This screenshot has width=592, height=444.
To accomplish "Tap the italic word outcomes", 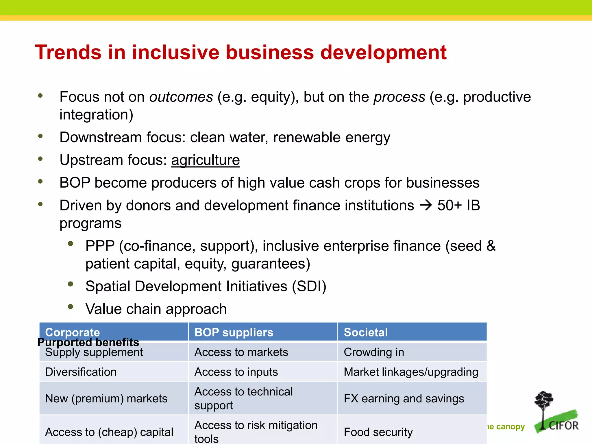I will coord(181,97).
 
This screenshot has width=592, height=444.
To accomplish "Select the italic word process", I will coord(399,97).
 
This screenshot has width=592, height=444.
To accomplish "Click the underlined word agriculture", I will coord(205,160).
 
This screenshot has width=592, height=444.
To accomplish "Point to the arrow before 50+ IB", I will coord(425,206).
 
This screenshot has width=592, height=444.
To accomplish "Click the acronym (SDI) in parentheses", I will coord(309,286).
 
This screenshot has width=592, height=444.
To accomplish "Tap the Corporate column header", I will coord(73,332).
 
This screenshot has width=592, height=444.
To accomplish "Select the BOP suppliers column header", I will coord(234,332).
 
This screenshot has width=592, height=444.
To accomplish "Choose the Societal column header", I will coord(366,332).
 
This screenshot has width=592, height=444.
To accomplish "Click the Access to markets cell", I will coord(241,352).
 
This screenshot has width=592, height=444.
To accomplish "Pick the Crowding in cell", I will coord(374,352).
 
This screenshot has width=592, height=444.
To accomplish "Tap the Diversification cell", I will coord(81,372).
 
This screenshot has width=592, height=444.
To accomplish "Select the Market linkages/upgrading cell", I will coord(411,372).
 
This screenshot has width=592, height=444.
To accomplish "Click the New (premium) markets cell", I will coord(106,399).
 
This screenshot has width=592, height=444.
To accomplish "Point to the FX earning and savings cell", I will coord(404,399).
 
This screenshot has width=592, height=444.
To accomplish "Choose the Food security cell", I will coord(378,432).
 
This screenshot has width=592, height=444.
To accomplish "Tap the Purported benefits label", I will coord(88,342).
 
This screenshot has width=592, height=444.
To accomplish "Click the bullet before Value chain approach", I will coord(70,307).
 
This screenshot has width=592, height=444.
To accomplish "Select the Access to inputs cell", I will coord(236,372).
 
